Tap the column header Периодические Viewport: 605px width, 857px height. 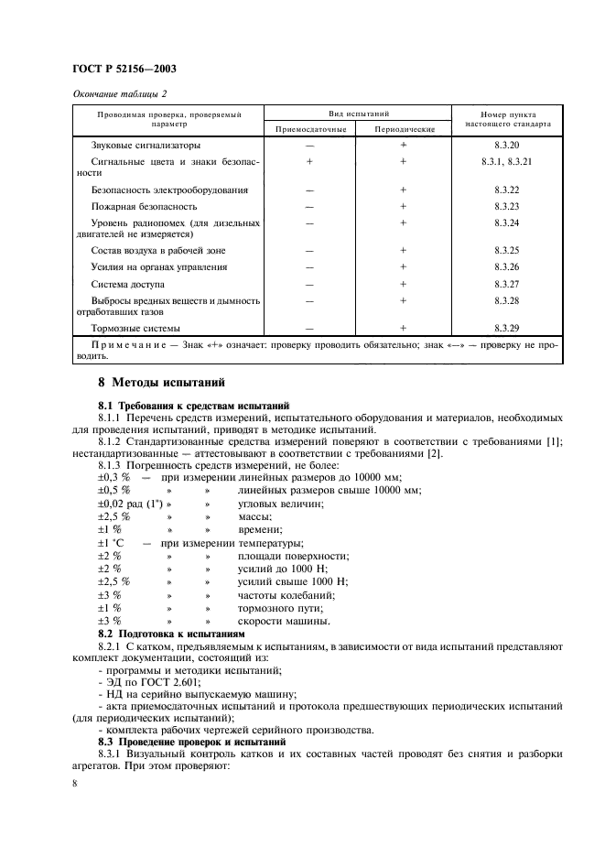[402, 129]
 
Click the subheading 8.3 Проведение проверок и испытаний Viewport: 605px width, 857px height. [188, 741]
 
